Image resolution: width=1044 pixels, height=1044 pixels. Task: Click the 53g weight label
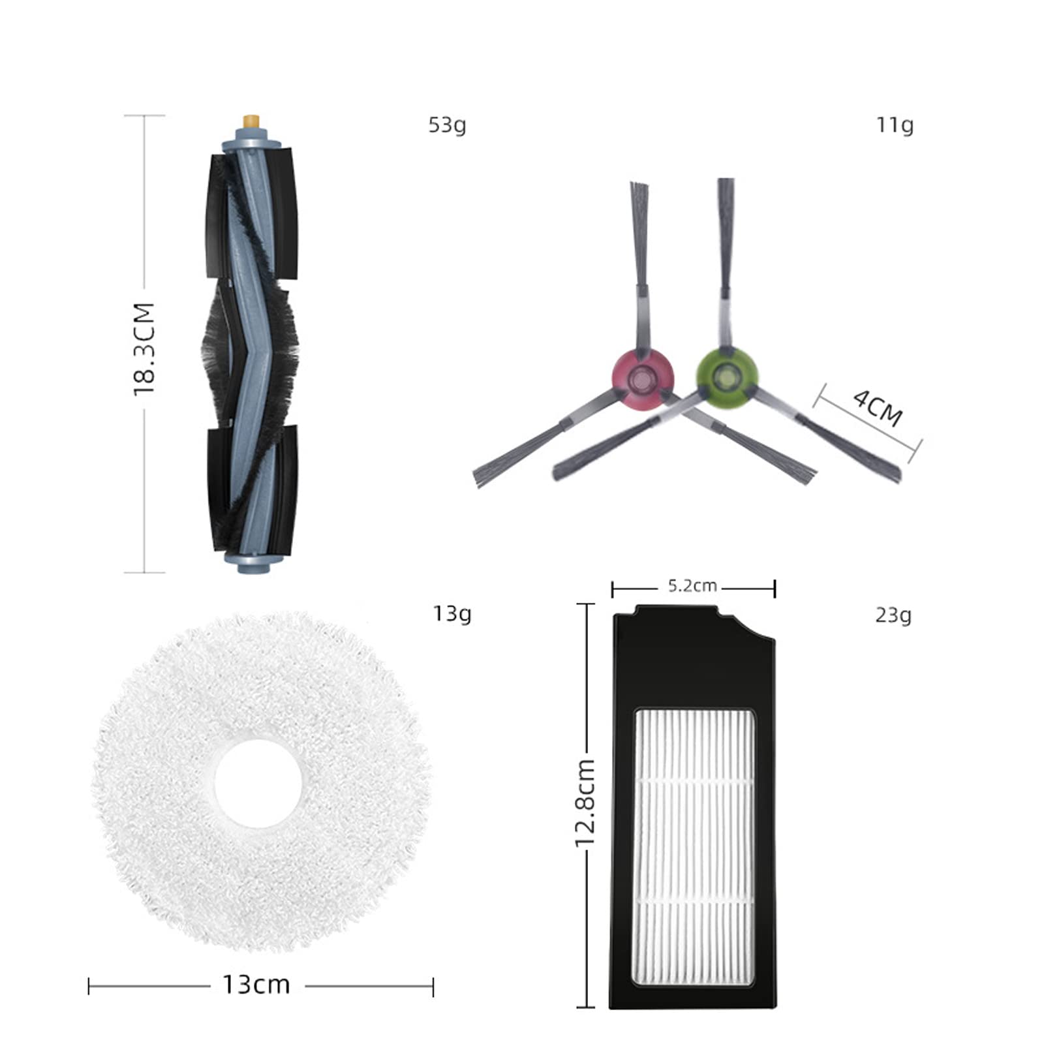click(x=447, y=125)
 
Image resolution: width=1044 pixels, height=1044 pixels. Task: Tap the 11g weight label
click(x=895, y=125)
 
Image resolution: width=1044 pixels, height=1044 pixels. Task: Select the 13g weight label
click(x=452, y=614)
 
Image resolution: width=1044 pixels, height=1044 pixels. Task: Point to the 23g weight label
click(x=893, y=615)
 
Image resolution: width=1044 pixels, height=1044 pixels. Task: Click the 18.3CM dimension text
click(x=144, y=349)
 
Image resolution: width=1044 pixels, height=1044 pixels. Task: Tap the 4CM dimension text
click(x=878, y=407)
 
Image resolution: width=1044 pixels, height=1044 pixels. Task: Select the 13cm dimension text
click(x=256, y=984)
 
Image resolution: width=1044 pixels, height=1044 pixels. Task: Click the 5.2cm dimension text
click(x=692, y=586)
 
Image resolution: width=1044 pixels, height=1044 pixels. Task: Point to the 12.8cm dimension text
click(x=585, y=803)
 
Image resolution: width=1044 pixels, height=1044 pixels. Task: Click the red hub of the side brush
click(x=642, y=378)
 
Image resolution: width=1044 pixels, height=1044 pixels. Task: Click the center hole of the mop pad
click(x=258, y=784)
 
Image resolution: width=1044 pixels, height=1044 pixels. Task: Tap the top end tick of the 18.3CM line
click(x=144, y=115)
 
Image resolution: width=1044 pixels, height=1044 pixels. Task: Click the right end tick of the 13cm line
click(x=433, y=987)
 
